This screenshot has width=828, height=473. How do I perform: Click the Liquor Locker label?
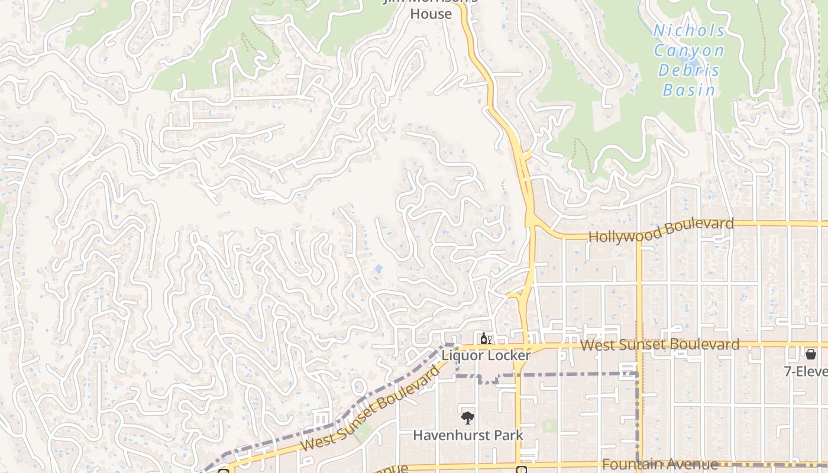click(486, 355)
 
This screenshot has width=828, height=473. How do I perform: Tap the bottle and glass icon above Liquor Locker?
click(486, 339)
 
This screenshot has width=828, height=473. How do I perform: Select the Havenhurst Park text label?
click(468, 435)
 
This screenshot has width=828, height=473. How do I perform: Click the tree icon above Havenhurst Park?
click(468, 418)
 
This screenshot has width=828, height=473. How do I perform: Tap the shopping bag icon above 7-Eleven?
click(810, 354)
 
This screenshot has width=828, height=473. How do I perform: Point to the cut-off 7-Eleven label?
click(806, 371)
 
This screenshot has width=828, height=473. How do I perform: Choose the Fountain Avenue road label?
click(660, 465)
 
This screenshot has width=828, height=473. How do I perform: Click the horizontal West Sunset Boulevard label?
click(659, 345)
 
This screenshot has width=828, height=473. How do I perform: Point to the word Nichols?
click(689, 31)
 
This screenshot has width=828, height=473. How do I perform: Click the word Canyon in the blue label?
click(689, 51)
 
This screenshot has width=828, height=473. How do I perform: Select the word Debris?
click(690, 71)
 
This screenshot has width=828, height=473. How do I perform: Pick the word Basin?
click(689, 90)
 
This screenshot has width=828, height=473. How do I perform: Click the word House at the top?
click(431, 14)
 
